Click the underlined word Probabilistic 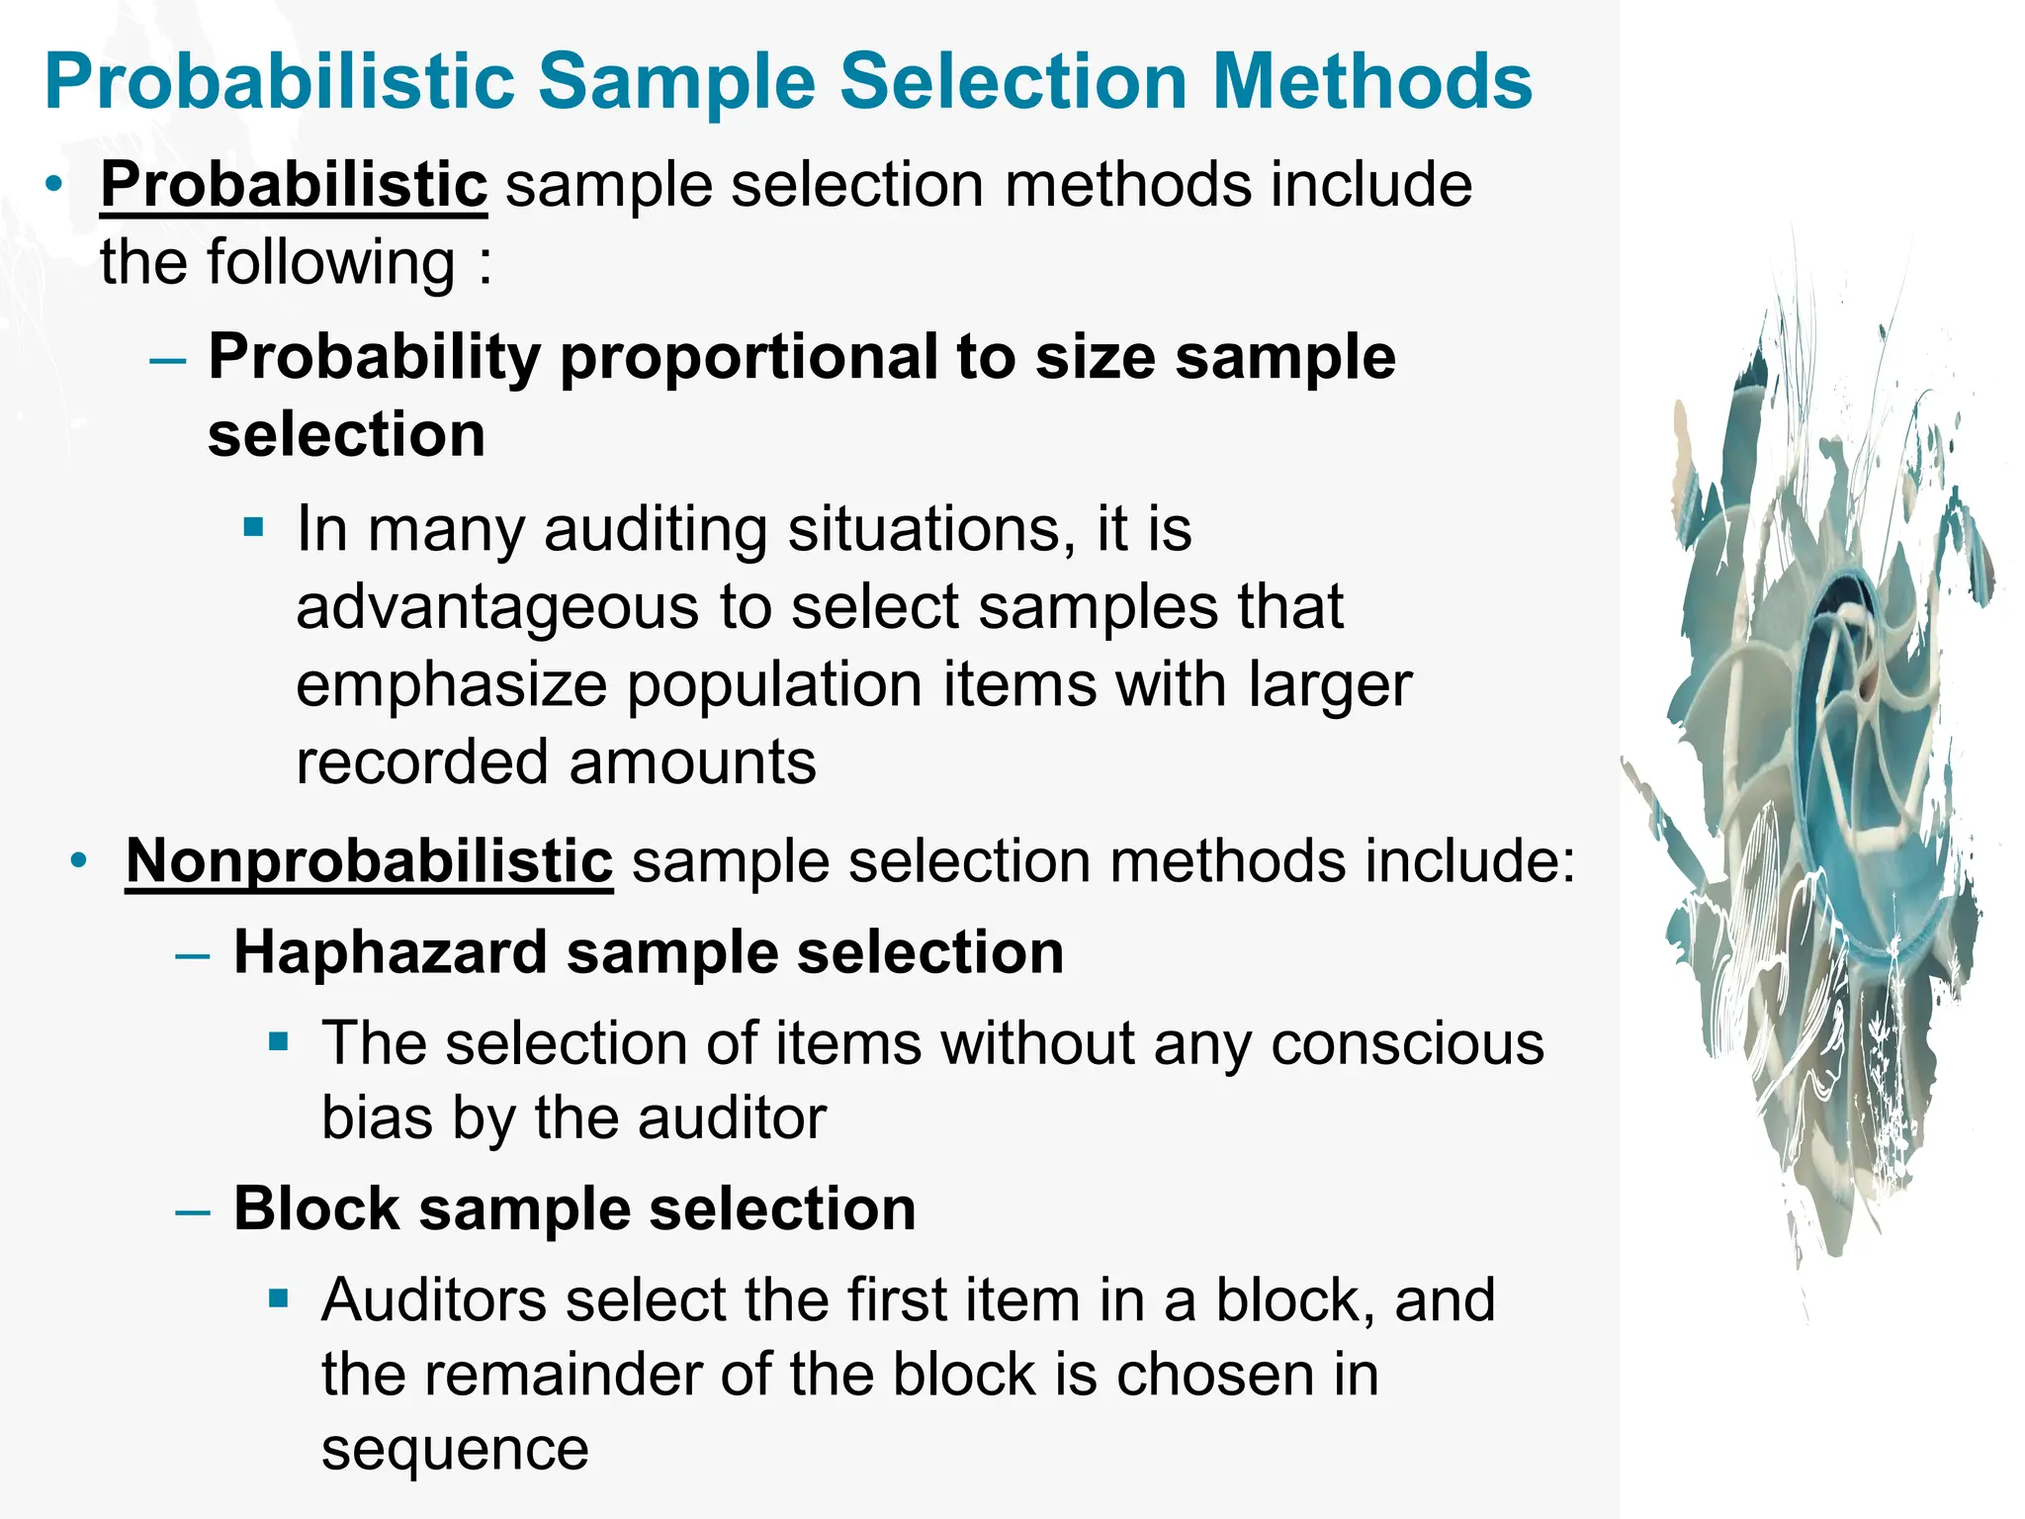[294, 185]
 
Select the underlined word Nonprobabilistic [369, 860]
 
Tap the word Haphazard [391, 953]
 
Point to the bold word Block [316, 1208]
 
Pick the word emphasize [451, 684]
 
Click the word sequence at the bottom [455, 1451]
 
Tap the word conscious [1407, 1043]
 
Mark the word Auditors [434, 1299]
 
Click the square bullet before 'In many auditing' [254, 526]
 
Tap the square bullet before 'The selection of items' [279, 1041]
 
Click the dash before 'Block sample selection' [192, 1211]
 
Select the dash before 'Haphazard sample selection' [192, 955]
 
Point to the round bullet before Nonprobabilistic [79, 860]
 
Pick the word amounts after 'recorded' [692, 762]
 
